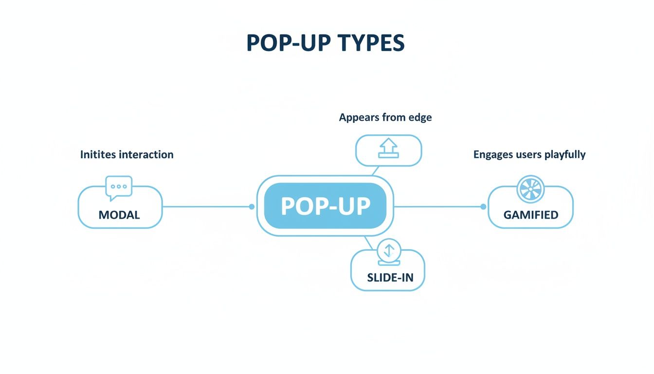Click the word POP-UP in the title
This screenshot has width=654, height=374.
pyautogui.click(x=284, y=43)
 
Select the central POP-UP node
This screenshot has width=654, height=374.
pyautogui.click(x=325, y=206)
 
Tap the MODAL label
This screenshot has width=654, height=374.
pyautogui.click(x=119, y=215)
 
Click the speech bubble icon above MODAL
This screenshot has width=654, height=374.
pyautogui.click(x=119, y=187)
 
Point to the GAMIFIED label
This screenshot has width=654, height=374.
pyautogui.click(x=530, y=215)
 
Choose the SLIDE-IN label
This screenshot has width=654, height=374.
pyautogui.click(x=390, y=278)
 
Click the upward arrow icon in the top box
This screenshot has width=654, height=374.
pyautogui.click(x=389, y=148)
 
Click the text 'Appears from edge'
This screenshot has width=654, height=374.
pyautogui.click(x=385, y=117)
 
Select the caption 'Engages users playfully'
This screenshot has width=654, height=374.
pyautogui.click(x=529, y=155)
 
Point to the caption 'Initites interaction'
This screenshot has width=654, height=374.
pyautogui.click(x=127, y=155)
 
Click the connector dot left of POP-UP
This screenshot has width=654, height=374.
pyautogui.click(x=252, y=206)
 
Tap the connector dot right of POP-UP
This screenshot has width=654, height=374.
pyautogui.click(x=483, y=206)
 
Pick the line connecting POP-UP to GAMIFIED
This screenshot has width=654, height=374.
pyautogui.click(x=438, y=206)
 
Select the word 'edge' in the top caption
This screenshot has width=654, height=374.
pyautogui.click(x=420, y=117)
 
